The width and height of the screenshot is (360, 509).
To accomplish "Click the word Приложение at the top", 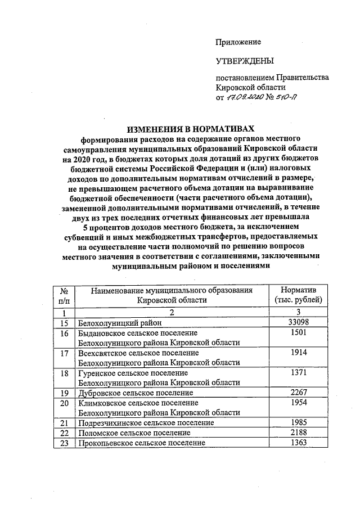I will point(238,42).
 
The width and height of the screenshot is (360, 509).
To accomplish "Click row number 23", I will point(65,443).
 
